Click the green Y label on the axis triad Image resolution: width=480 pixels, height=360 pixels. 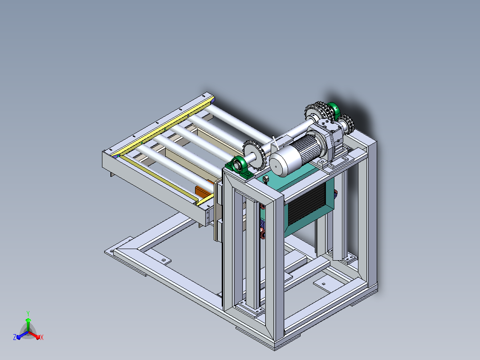click(28, 313)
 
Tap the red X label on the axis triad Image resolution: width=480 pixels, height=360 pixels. click(42, 337)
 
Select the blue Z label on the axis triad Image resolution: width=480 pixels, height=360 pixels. click(15, 337)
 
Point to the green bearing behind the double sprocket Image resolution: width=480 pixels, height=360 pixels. click(334, 111)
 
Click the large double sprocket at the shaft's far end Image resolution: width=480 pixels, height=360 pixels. click(319, 113)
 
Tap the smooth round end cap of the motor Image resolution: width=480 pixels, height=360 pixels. click(281, 161)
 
